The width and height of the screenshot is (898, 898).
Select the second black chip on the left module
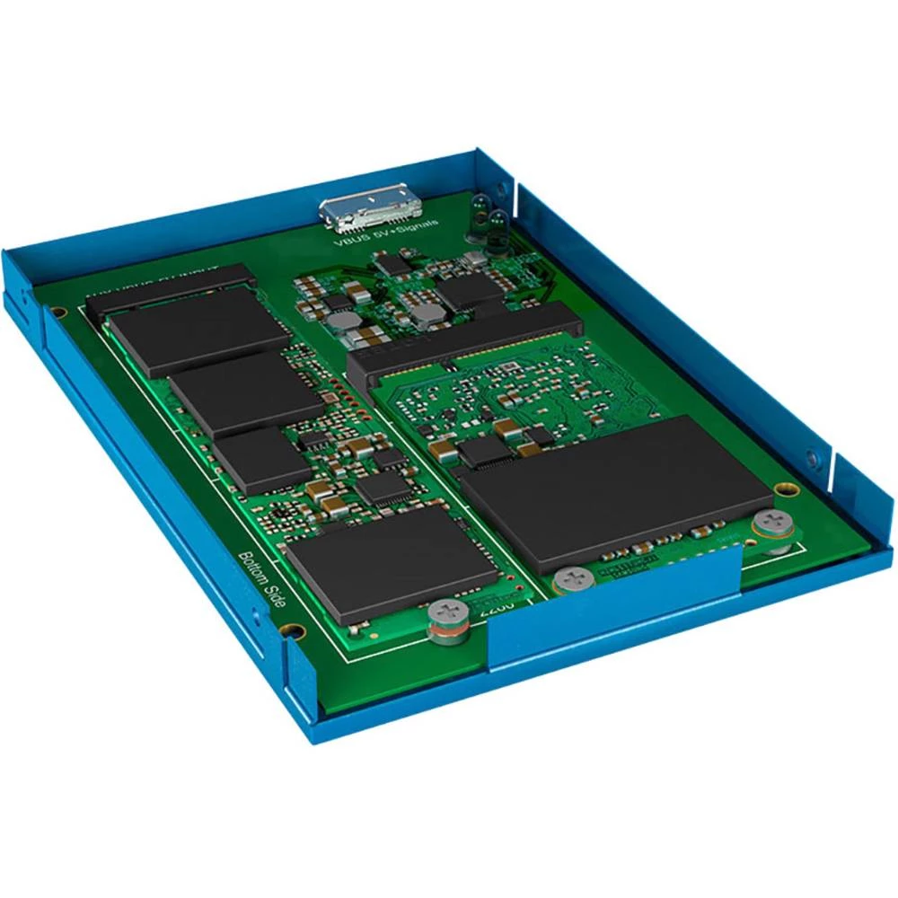pos(245,392)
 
